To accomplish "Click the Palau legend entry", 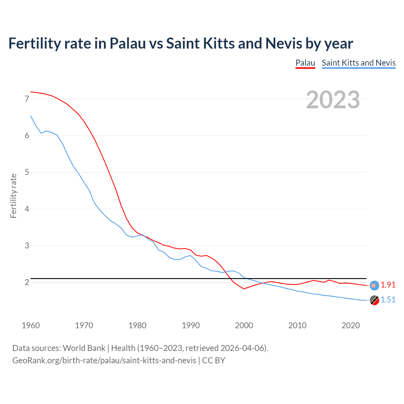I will pyautogui.click(x=305, y=63).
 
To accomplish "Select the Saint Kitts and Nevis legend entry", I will pyautogui.click(x=359, y=63).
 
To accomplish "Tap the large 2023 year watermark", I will pyautogui.click(x=333, y=100).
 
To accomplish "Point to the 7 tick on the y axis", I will pyautogui.click(x=27, y=99).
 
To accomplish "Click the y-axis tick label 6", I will pyautogui.click(x=27, y=136).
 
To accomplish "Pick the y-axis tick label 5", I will pyautogui.click(x=27, y=172).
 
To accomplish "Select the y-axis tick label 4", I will pyautogui.click(x=27, y=209).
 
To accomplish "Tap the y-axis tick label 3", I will pyautogui.click(x=27, y=246).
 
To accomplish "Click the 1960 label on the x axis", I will pyautogui.click(x=31, y=325).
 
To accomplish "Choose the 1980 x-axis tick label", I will pyautogui.click(x=137, y=325).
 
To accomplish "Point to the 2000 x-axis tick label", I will pyautogui.click(x=244, y=325).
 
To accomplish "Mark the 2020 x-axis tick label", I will pyautogui.click(x=351, y=325).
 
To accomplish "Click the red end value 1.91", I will pyautogui.click(x=388, y=285).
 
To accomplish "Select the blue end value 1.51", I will pyautogui.click(x=388, y=300).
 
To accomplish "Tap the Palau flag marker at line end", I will pyautogui.click(x=374, y=285).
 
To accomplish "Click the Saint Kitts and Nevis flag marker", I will pyautogui.click(x=374, y=300).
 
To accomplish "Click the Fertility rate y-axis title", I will pyautogui.click(x=13, y=196).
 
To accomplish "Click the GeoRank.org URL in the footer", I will pyautogui.click(x=104, y=360).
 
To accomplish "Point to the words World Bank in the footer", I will pyautogui.click(x=84, y=348).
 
